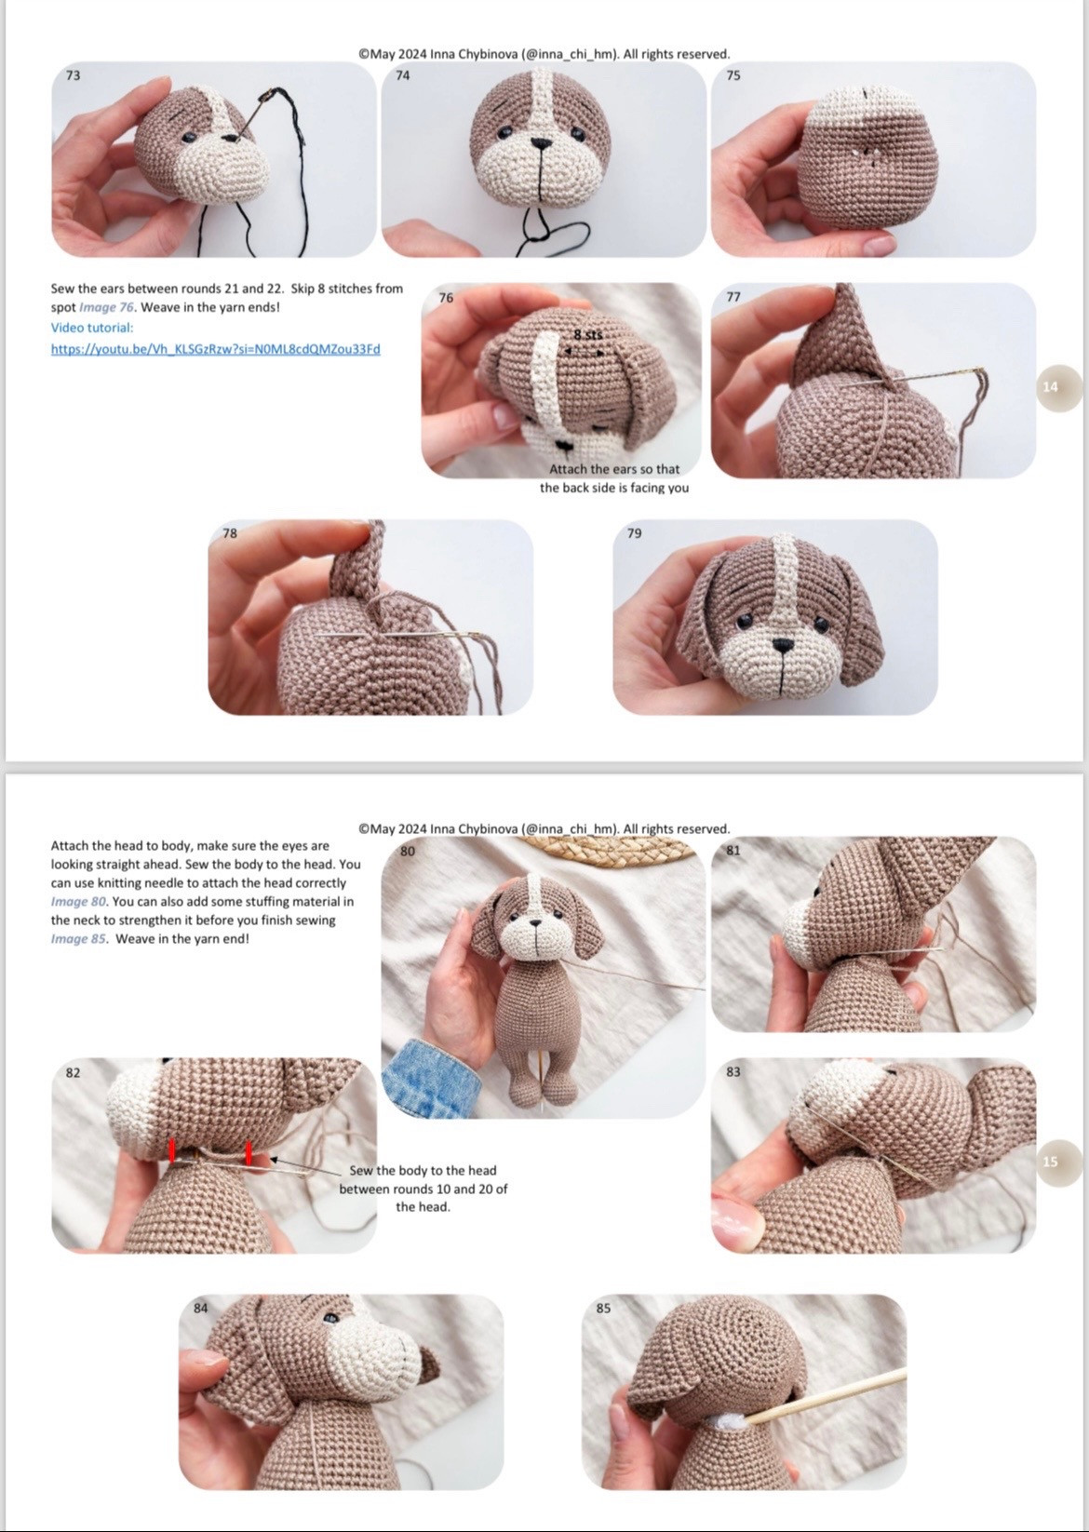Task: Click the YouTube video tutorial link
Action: (x=215, y=349)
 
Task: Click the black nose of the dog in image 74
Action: (x=541, y=143)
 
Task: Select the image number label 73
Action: (x=74, y=75)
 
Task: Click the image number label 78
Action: (x=230, y=533)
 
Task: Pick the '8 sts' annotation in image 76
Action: (x=588, y=335)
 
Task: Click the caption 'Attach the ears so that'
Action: (x=614, y=470)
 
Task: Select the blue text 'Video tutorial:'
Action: (x=92, y=328)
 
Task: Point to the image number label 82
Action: (x=74, y=1073)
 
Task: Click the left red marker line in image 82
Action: (x=172, y=1151)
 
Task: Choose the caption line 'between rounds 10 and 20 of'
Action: (x=423, y=1189)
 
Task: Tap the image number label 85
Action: (x=604, y=1309)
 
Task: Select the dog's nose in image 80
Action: (x=536, y=923)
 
